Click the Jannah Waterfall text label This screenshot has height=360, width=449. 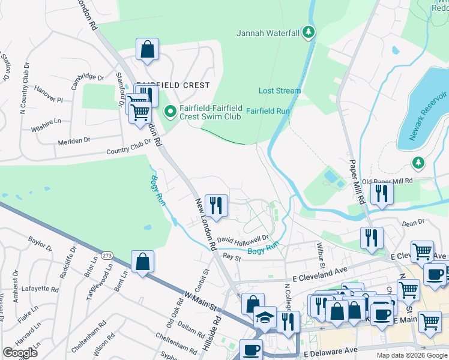267,32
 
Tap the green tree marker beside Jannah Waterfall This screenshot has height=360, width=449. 309,32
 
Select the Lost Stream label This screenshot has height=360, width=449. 279,91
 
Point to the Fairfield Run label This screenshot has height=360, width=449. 268,111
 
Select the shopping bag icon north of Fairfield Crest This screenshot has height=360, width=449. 147,50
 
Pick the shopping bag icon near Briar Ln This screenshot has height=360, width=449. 142,262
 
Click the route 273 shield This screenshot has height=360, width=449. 107,255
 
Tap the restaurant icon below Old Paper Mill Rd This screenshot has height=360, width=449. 381,193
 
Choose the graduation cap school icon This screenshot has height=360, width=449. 264,317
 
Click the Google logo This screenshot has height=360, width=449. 20,353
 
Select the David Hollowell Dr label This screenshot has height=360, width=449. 246,239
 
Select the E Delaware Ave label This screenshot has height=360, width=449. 330,349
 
